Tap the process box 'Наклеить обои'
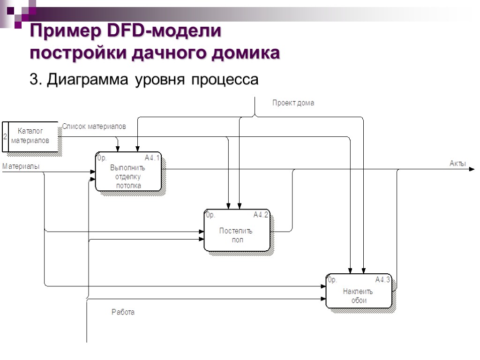click(x=359, y=291)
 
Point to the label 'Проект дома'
click(x=293, y=103)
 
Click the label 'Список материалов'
click(x=94, y=127)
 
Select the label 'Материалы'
click(x=21, y=166)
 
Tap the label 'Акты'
click(x=457, y=163)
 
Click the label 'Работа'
click(x=123, y=312)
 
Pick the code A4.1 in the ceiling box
click(x=152, y=158)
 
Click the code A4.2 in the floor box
click(x=261, y=215)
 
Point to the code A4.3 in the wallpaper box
click(x=382, y=280)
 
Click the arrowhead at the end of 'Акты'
click(x=472, y=170)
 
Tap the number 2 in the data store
click(x=5, y=137)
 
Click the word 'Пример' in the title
click(x=65, y=31)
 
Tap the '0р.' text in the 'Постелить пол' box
click(x=210, y=215)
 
